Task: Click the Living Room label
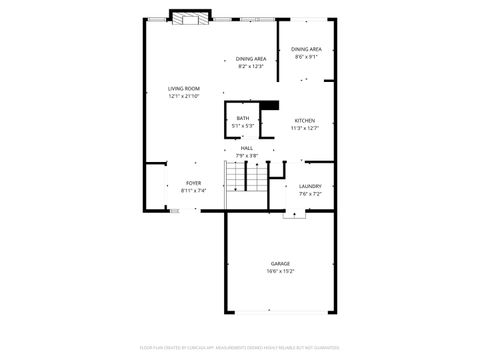(x=183, y=89)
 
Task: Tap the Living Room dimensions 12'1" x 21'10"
(x=183, y=96)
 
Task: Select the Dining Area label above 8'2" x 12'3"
(x=251, y=59)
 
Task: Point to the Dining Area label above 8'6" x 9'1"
(x=306, y=49)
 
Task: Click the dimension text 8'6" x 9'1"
(x=306, y=57)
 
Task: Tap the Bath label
(x=243, y=119)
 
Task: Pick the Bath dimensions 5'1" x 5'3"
(x=243, y=126)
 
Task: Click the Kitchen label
(x=304, y=121)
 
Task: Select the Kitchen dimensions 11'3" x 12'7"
(x=304, y=128)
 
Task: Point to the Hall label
(x=246, y=148)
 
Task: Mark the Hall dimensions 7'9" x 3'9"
(x=246, y=155)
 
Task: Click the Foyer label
(x=193, y=183)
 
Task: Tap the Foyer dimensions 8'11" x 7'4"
(x=193, y=190)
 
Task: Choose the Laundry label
(x=310, y=186)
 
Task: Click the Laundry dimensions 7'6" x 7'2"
(x=310, y=193)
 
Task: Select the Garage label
(x=280, y=264)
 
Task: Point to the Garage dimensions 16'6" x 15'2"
(x=280, y=271)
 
